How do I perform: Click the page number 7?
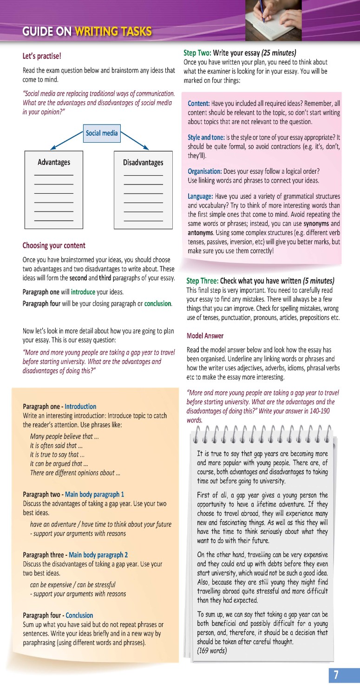coord(336,676)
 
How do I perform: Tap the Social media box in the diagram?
coord(102,133)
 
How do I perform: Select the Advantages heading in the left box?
coord(54,162)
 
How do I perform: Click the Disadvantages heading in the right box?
coord(143,163)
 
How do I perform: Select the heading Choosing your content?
coord(54,245)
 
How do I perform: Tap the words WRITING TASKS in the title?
coord(113,32)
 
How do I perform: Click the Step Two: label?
coord(197,53)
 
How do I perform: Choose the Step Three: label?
coord(202,281)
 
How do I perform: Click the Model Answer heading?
coord(205,335)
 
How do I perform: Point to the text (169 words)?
coord(212,650)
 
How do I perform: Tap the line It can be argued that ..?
coord(59,463)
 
